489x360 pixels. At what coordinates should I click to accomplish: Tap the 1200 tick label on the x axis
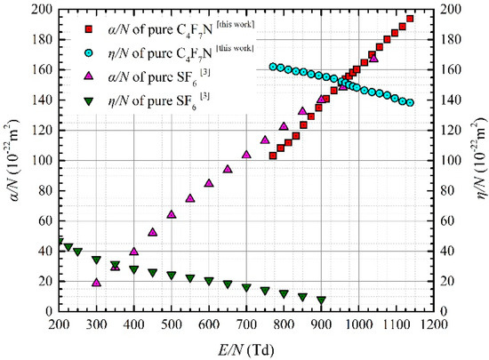click(x=432, y=324)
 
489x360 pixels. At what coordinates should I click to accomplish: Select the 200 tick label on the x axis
click(x=59, y=324)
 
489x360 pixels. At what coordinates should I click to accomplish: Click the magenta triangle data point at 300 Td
click(x=96, y=283)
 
